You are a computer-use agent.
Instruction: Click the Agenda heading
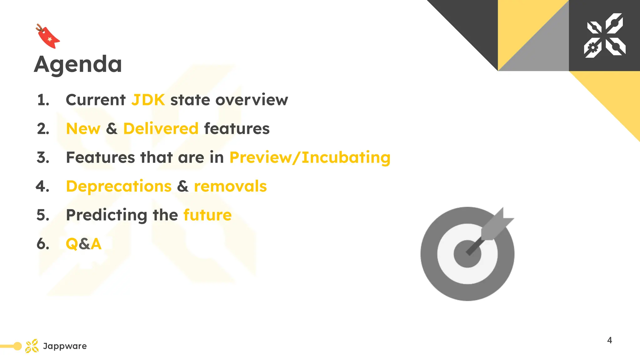point(78,64)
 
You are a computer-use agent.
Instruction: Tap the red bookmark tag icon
point(48,37)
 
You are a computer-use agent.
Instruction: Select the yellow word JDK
point(148,100)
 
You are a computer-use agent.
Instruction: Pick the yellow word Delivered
point(161,129)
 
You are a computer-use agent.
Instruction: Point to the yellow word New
point(83,129)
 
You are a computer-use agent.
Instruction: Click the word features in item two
point(237,129)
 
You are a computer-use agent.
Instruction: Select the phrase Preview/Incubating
point(310,157)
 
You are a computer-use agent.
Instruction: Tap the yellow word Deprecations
point(119,186)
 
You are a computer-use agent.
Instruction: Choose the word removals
point(230,186)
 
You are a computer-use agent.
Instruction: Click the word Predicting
point(107,215)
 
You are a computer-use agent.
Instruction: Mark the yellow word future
point(207,215)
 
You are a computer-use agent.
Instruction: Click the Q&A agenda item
point(84,244)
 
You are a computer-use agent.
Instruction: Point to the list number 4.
point(42,186)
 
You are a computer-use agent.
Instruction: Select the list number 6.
point(43,244)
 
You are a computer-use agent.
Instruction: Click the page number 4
point(609,340)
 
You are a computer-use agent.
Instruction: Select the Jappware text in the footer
point(65,346)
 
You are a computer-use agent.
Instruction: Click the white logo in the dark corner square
point(605,35)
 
